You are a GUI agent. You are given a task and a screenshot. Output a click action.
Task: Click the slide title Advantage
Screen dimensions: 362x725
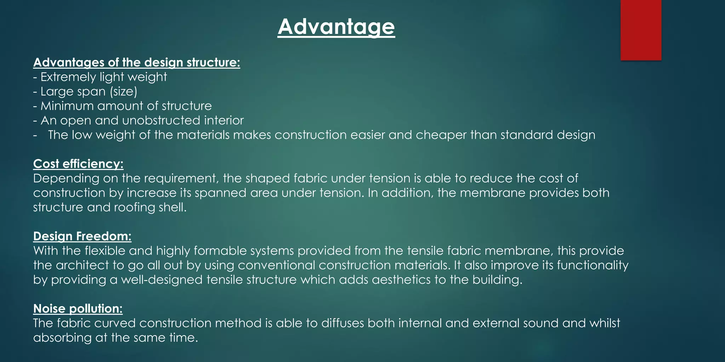pos(336,27)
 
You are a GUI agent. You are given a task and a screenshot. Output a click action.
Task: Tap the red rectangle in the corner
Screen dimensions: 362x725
pos(641,30)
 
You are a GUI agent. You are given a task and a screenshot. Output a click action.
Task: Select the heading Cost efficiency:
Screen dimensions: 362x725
pos(78,164)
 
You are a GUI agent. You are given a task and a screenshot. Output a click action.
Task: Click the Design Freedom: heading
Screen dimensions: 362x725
pos(82,236)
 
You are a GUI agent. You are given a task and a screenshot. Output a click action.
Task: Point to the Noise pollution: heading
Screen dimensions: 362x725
pos(78,309)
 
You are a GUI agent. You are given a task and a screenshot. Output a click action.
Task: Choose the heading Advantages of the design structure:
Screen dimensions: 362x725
pos(137,63)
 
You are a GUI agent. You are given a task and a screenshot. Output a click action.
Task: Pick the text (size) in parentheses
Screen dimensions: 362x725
pos(123,92)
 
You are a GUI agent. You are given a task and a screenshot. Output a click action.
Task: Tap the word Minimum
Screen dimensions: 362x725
pos(67,106)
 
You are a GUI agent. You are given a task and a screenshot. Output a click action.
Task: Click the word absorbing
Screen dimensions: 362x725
pos(62,338)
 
